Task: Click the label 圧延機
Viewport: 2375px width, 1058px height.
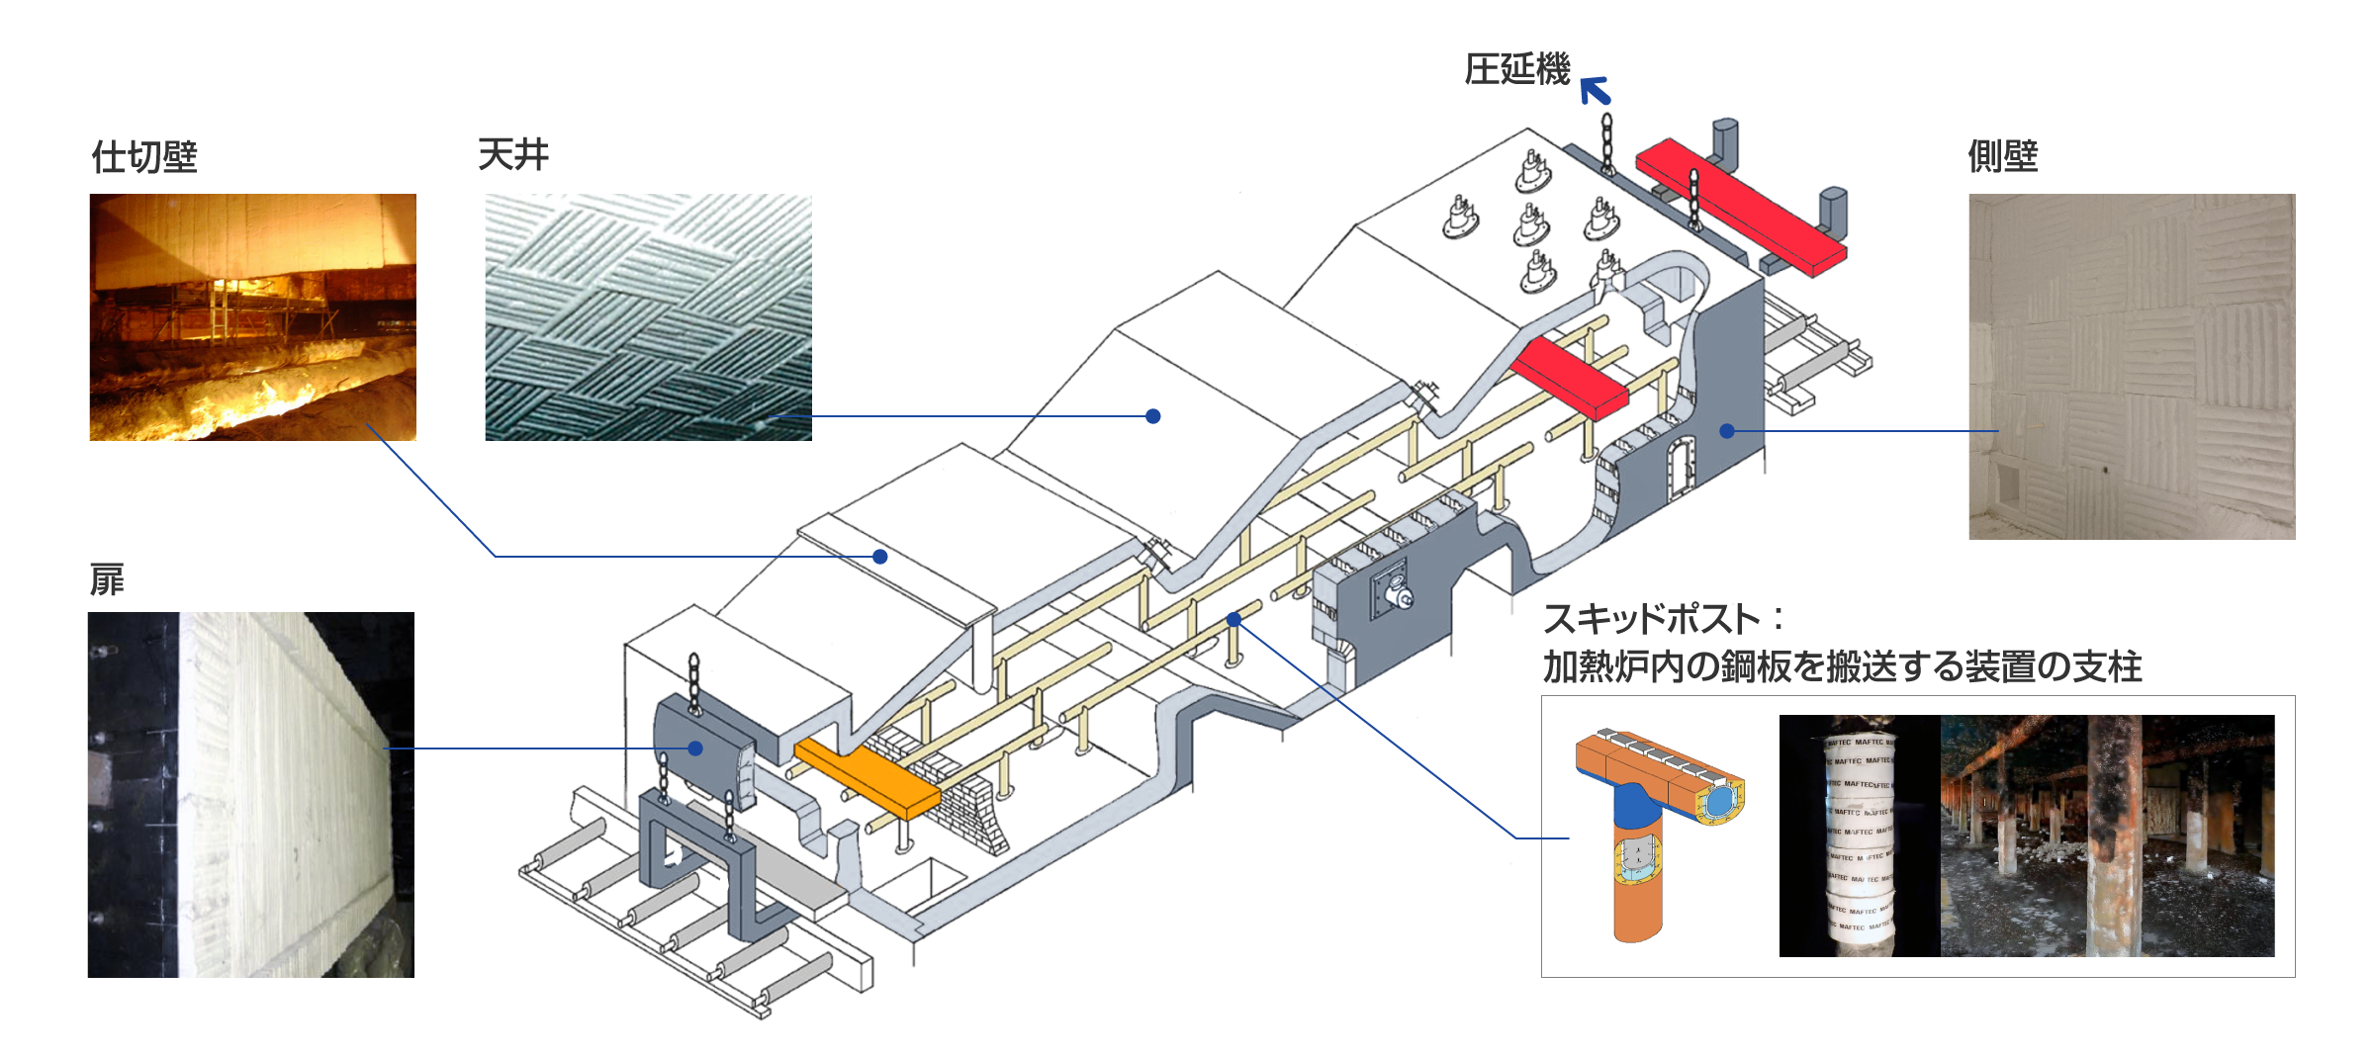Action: [x=1515, y=70]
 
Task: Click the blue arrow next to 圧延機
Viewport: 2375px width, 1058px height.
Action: [x=1595, y=90]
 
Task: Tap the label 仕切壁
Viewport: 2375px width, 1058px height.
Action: [x=144, y=157]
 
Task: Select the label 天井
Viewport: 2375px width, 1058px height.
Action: [x=512, y=155]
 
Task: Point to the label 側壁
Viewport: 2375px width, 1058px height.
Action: [x=2002, y=156]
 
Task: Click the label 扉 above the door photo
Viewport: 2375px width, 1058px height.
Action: [x=107, y=580]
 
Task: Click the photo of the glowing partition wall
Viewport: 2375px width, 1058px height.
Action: [x=252, y=316]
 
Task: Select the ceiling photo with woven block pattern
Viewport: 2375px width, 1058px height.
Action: [x=648, y=316]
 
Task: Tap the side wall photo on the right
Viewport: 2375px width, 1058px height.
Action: [x=2132, y=366]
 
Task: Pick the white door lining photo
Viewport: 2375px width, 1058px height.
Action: [x=250, y=794]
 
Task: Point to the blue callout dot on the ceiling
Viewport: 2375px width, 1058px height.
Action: [x=1152, y=416]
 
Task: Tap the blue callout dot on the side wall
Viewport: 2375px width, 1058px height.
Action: [x=1726, y=431]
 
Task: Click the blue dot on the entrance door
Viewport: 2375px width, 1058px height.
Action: [x=695, y=749]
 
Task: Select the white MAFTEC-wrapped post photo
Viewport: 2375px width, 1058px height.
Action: [x=1858, y=836]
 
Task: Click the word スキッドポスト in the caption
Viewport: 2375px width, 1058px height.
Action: [x=1651, y=620]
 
